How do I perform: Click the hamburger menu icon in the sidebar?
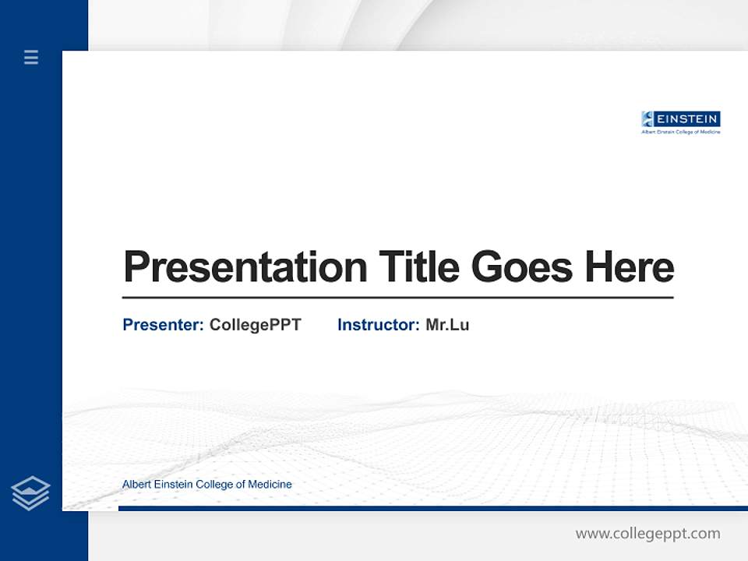click(31, 57)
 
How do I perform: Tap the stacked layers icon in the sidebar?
click(30, 493)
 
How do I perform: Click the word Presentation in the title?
click(245, 267)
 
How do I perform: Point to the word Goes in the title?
click(522, 266)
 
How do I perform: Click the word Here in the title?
click(629, 266)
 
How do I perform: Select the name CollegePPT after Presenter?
click(255, 325)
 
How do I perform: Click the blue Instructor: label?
click(379, 325)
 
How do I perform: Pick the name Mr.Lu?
click(447, 325)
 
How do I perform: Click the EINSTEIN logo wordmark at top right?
click(687, 119)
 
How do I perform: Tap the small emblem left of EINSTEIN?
click(647, 119)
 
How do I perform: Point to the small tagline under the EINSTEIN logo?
click(680, 132)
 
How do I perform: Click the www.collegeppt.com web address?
click(647, 534)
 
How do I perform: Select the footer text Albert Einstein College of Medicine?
click(207, 485)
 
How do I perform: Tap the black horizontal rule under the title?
click(397, 297)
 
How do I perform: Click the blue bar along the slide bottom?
click(432, 508)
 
